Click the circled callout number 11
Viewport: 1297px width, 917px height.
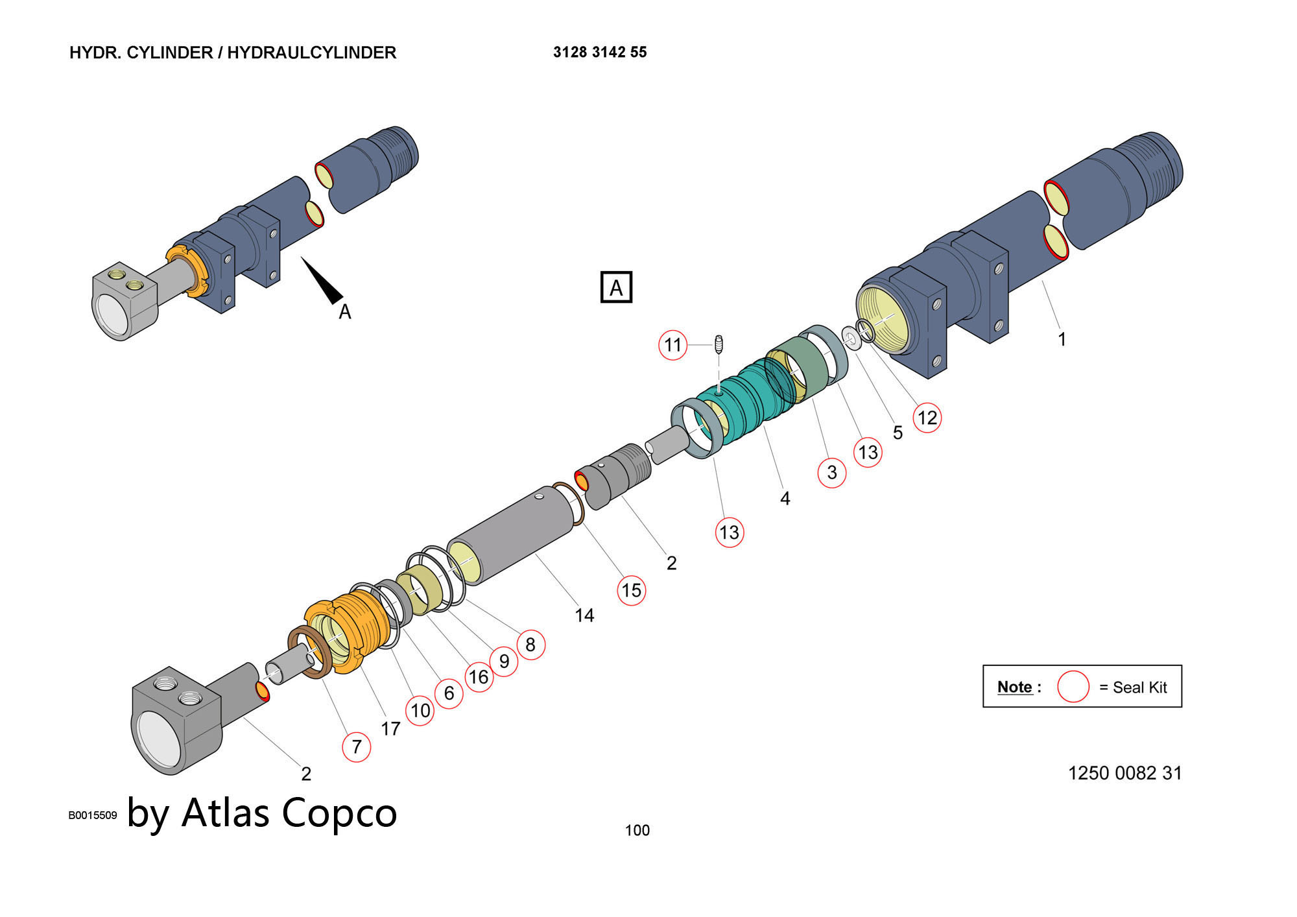coord(672,345)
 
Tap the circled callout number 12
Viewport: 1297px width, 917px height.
coord(927,418)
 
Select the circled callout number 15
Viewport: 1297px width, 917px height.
coord(631,590)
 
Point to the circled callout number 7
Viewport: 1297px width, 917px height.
coord(356,746)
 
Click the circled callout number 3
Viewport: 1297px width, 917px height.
coord(831,473)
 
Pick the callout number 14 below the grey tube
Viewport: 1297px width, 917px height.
coord(584,615)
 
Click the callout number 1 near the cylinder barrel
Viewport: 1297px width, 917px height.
coord(1062,339)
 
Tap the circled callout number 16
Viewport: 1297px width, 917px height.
coord(479,677)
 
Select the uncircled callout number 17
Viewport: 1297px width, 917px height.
coord(390,729)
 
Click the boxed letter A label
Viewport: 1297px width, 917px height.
coord(616,287)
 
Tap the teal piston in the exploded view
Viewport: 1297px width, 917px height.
coord(746,402)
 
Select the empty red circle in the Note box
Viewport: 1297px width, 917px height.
coord(1073,687)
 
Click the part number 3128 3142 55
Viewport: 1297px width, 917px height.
coord(600,52)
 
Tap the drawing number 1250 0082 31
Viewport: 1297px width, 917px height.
coord(1124,773)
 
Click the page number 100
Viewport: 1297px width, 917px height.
coord(637,830)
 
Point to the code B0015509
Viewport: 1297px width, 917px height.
coord(93,815)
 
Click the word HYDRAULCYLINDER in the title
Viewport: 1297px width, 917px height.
coord(311,53)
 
